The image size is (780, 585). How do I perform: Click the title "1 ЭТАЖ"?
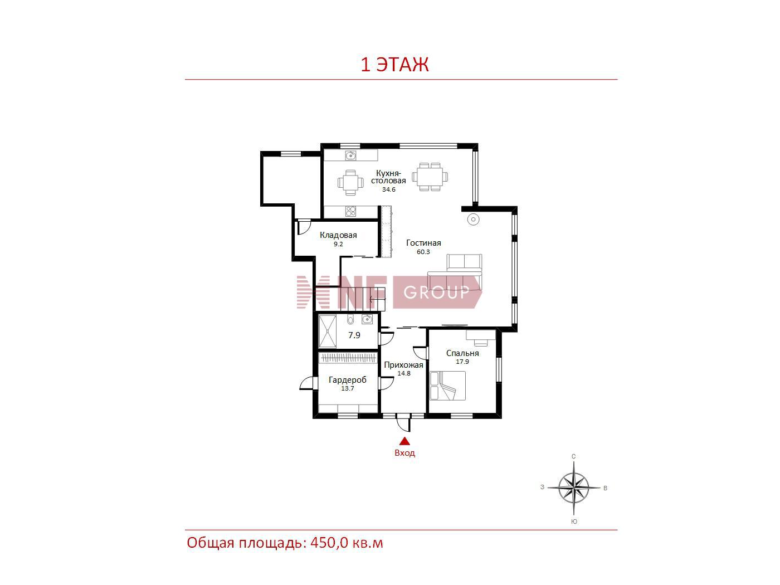[394, 65]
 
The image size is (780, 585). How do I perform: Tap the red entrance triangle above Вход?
[404, 441]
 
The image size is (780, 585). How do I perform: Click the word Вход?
[404, 453]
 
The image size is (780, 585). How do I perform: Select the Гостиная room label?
[423, 243]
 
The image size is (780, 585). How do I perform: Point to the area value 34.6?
[388, 189]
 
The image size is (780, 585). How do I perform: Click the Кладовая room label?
[338, 235]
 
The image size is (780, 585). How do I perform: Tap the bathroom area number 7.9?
[354, 335]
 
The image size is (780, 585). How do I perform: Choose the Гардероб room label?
[347, 380]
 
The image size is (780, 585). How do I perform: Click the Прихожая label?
[403, 365]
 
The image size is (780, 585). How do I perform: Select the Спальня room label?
[462, 353]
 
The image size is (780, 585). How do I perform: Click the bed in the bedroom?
[447, 386]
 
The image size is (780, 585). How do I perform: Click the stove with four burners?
[350, 211]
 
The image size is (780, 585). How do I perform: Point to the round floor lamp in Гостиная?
[473, 220]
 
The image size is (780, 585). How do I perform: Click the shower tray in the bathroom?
[327, 331]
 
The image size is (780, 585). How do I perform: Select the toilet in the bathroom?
[350, 319]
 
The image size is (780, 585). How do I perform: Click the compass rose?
[573, 487]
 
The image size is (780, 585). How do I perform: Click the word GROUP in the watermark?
[436, 292]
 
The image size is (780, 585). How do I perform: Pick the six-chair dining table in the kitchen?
[430, 177]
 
